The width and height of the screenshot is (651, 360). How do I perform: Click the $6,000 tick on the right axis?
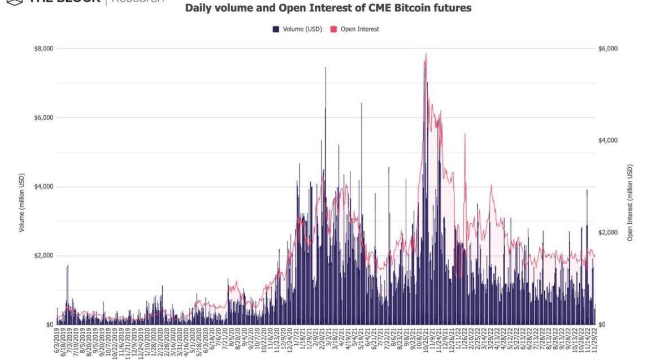[x=608, y=49]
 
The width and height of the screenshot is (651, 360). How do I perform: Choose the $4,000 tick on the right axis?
[x=608, y=141]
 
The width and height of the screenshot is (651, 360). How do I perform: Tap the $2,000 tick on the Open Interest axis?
[x=608, y=233]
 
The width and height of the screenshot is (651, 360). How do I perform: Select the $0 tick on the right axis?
[x=603, y=324]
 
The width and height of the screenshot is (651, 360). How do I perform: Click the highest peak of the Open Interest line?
[x=426, y=54]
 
